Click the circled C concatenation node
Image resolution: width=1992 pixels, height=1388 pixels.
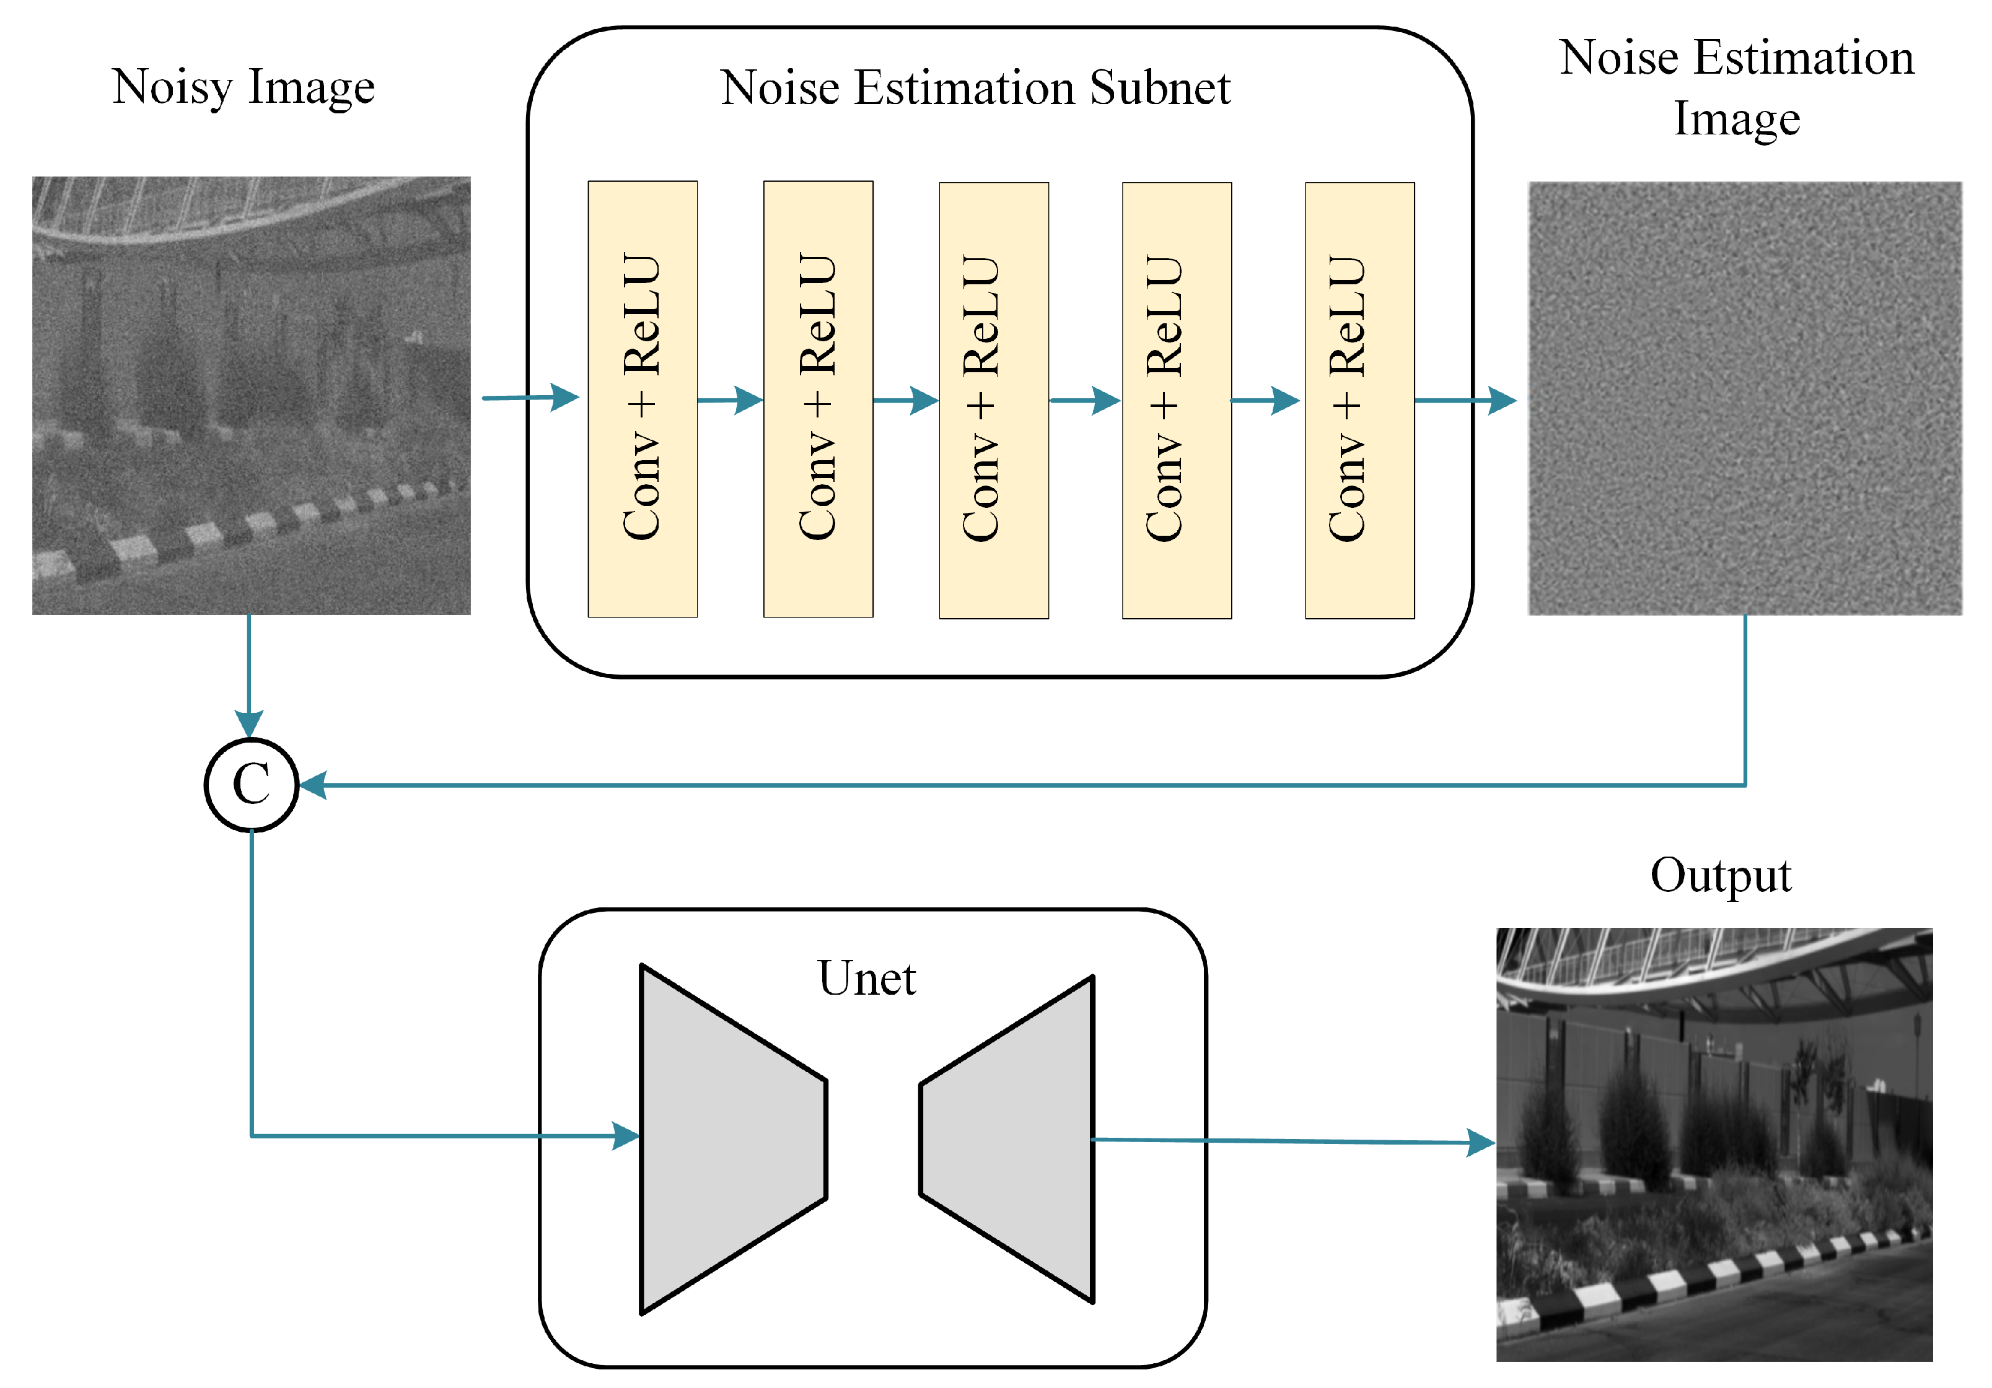tap(252, 785)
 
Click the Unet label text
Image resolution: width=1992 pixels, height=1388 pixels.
tap(866, 979)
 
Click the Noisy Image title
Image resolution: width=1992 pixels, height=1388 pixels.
tap(243, 87)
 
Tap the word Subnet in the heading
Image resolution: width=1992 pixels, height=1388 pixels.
tap(1160, 87)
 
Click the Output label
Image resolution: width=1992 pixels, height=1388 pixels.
tap(1721, 875)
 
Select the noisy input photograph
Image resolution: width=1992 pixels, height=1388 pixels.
tap(252, 396)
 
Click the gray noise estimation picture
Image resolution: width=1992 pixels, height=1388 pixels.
tap(1744, 398)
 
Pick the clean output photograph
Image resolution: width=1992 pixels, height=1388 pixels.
tap(1714, 1143)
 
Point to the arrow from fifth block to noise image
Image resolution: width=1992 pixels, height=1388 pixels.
tap(1465, 401)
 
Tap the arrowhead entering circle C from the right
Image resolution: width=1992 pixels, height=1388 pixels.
tap(312, 785)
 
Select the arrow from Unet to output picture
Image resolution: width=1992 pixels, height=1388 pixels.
tap(1292, 1141)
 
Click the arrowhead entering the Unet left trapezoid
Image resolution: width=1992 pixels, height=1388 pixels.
tap(626, 1135)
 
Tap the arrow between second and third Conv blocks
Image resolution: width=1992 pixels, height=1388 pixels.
tap(906, 401)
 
